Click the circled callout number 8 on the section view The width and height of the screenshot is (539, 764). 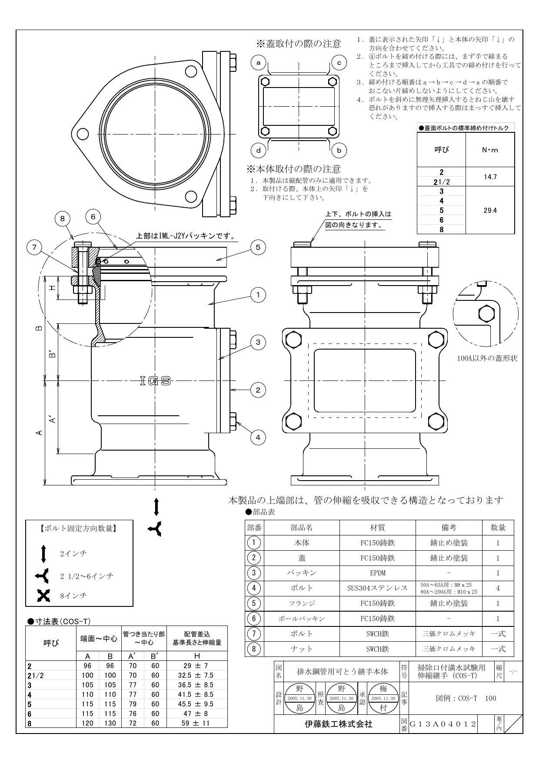[x=63, y=218]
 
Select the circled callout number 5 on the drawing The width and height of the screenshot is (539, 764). [x=258, y=247]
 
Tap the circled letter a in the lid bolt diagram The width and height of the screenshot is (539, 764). [x=259, y=63]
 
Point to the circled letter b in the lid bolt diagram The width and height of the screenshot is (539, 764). [x=339, y=151]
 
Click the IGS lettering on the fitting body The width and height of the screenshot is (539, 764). [x=155, y=381]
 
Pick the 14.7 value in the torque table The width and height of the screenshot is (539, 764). [x=490, y=177]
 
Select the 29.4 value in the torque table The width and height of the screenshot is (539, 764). [x=490, y=210]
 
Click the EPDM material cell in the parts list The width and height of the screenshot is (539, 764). [x=377, y=573]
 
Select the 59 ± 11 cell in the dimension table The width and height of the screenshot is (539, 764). [x=197, y=723]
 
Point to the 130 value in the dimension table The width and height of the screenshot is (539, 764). [x=110, y=723]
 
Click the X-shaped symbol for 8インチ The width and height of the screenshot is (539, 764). [x=43, y=596]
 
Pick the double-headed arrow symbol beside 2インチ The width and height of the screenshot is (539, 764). [x=43, y=554]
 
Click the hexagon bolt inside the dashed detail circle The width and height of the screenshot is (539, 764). [x=486, y=313]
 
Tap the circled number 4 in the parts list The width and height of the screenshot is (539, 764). [x=254, y=588]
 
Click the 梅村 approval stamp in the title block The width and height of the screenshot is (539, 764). [x=383, y=698]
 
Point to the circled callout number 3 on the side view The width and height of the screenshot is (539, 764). [x=258, y=342]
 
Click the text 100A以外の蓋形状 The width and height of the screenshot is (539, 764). [x=487, y=359]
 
